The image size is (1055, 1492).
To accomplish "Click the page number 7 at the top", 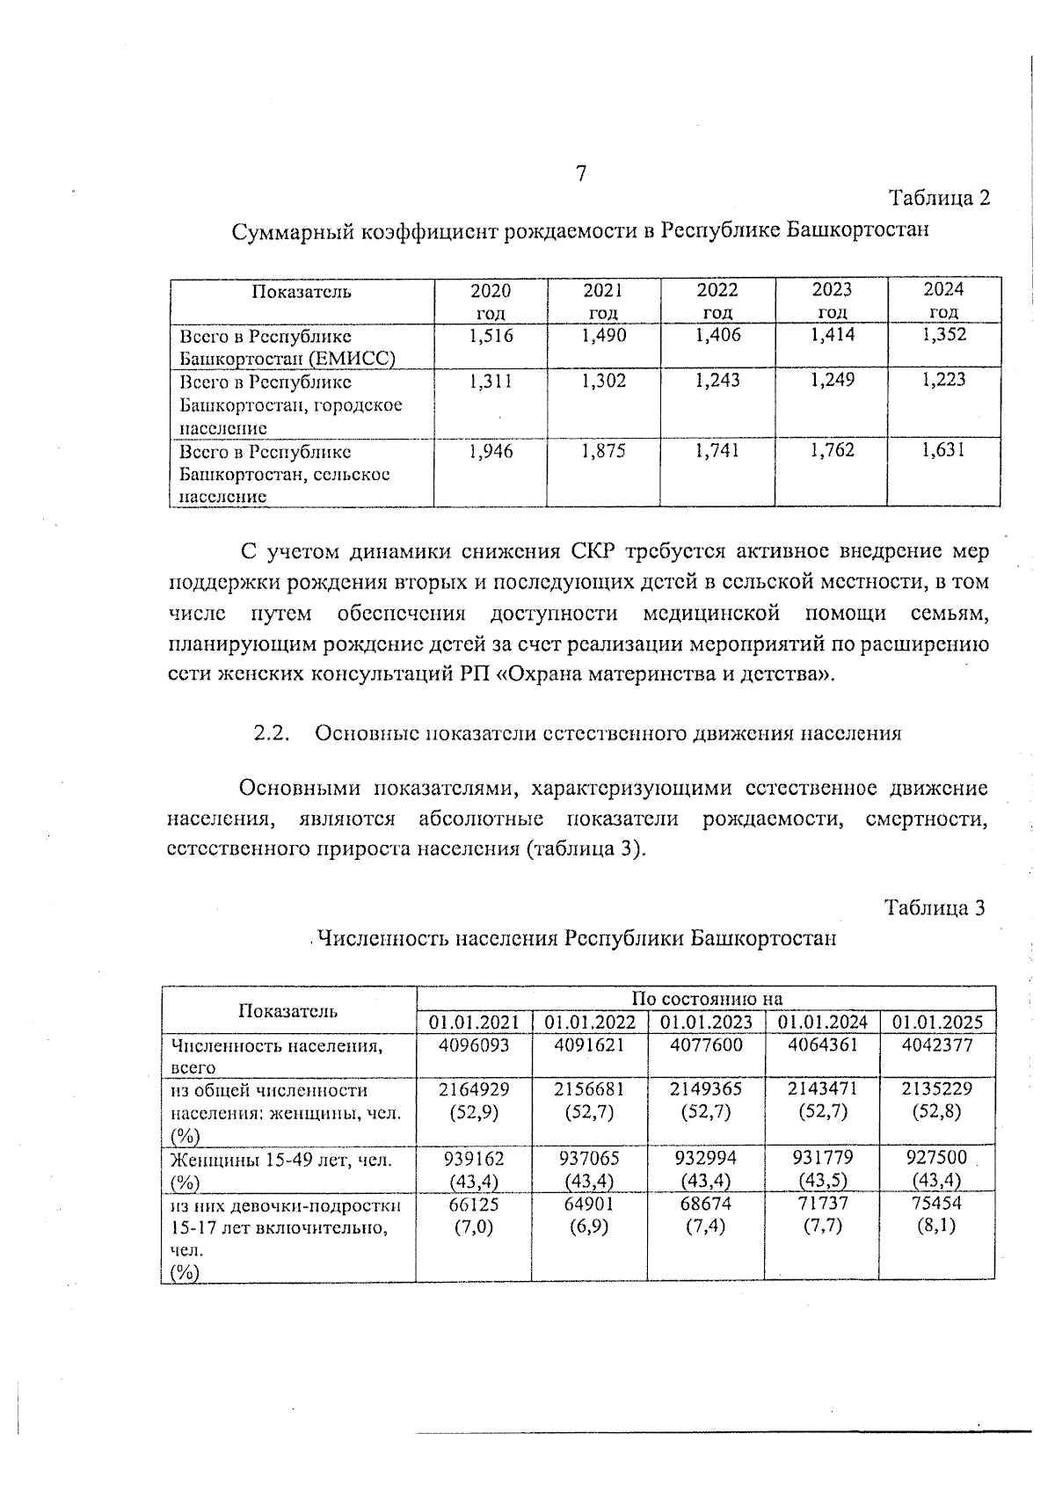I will pos(580,174).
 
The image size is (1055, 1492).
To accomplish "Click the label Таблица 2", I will pos(939,199).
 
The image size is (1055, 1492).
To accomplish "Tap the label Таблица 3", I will pos(935,907).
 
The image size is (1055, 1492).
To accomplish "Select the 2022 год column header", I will pos(717,301).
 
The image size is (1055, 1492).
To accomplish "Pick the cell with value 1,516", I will pos(491,335).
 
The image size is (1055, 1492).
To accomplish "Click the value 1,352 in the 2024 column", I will pos(944,335).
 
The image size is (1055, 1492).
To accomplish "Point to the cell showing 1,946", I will pos(491,451).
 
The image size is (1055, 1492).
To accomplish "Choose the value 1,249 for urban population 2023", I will pos(832,380).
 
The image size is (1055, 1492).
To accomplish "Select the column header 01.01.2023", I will pos(706,1023).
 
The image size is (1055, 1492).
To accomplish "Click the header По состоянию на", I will pos(706,999).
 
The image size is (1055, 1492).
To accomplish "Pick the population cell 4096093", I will pos(474,1045).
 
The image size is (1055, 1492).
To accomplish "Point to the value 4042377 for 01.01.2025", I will pos(937,1045).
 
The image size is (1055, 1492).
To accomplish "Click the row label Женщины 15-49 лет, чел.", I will pos(280,1161).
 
